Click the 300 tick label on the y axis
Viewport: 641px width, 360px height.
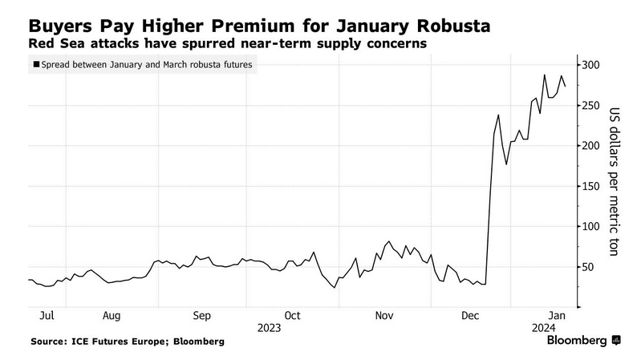tap(590, 64)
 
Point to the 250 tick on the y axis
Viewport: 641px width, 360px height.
tap(590, 105)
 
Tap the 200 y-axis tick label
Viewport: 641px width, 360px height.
tap(590, 145)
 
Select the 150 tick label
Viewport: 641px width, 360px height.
tap(590, 186)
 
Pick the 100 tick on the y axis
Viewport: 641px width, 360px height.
tap(590, 226)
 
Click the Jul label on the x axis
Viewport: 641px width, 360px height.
tap(47, 316)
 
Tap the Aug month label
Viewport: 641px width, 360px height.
tap(112, 316)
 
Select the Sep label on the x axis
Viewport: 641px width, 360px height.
tap(202, 316)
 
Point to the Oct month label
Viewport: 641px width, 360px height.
tap(293, 316)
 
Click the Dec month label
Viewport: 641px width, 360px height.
tap(472, 316)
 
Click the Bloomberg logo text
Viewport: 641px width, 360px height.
tap(577, 341)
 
